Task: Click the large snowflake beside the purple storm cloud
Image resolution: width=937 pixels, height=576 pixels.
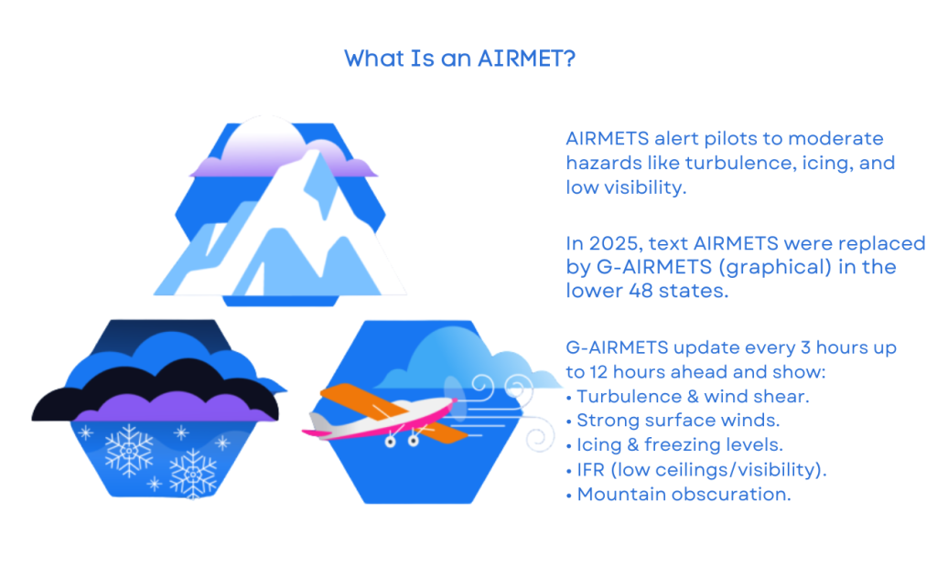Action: [129, 447]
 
